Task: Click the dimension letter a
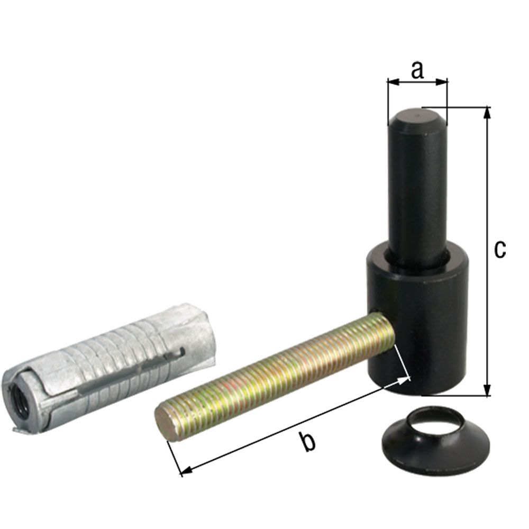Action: (x=417, y=70)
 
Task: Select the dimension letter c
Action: (x=499, y=249)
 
